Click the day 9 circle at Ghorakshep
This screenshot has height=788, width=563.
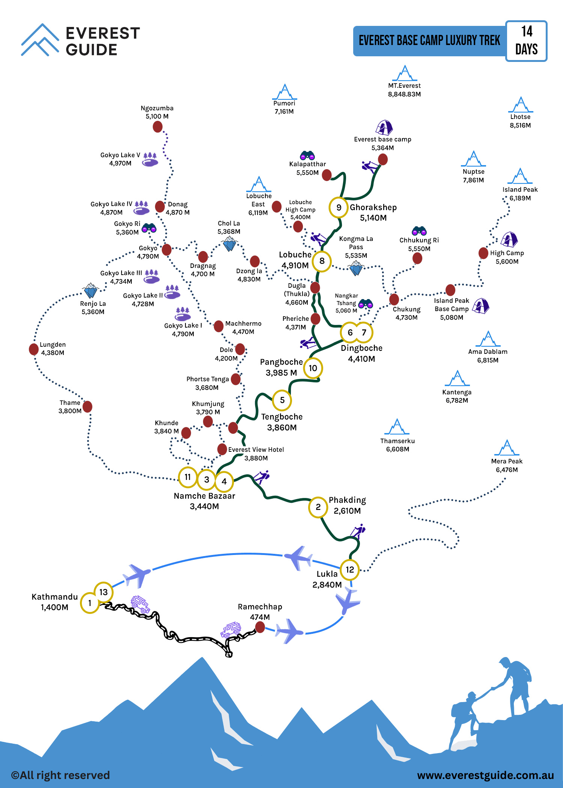tap(339, 208)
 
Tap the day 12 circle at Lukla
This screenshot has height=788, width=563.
tap(350, 570)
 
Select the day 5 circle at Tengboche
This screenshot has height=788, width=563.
tap(282, 400)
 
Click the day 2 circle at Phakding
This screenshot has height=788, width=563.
tap(318, 507)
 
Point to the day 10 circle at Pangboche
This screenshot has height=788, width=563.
tap(313, 368)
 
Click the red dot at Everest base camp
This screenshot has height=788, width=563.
tap(383, 159)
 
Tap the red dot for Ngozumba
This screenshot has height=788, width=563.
tap(158, 127)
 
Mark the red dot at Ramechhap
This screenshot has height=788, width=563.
tap(260, 627)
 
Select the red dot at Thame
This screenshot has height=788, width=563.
tap(87, 406)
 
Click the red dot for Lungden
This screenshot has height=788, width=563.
tap(34, 349)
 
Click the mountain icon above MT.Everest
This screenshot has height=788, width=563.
tap(405, 73)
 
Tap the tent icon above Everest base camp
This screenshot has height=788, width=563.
tap(384, 128)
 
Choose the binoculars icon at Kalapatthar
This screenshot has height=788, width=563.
tap(307, 155)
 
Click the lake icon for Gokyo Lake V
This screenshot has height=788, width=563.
tap(150, 159)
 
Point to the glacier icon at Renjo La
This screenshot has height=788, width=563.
tap(90, 290)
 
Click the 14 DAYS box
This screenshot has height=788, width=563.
tap(526, 41)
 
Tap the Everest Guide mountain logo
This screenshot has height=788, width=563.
tap(40, 40)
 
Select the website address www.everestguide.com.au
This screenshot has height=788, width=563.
tap(486, 775)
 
